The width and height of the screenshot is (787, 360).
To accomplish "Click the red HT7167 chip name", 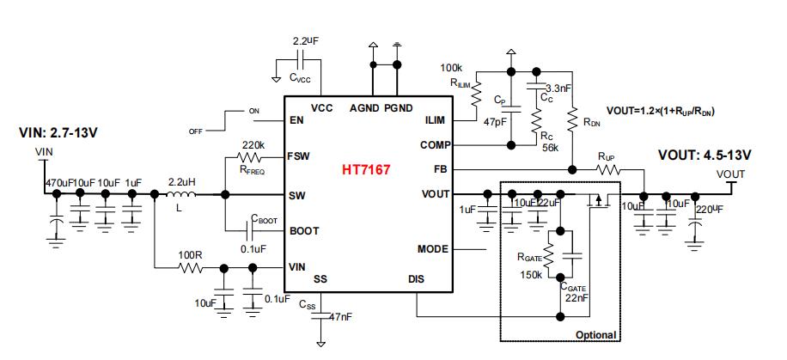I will (368, 171).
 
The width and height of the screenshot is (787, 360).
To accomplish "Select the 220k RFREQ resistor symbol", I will (251, 157).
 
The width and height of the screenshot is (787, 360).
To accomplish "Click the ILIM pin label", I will (434, 120).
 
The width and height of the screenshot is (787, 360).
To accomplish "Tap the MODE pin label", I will (432, 249).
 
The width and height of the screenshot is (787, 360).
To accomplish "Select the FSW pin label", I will (300, 157).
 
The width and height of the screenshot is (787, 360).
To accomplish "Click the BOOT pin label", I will (305, 231).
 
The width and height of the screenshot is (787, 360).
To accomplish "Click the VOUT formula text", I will (662, 111).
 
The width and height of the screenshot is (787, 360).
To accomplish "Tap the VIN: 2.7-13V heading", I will (58, 133).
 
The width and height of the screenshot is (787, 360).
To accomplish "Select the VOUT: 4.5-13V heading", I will (705, 155).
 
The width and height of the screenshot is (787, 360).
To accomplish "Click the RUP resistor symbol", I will (608, 170).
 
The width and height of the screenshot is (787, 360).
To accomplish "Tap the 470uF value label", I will (58, 183).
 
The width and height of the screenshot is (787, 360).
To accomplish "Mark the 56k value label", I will (551, 147).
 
